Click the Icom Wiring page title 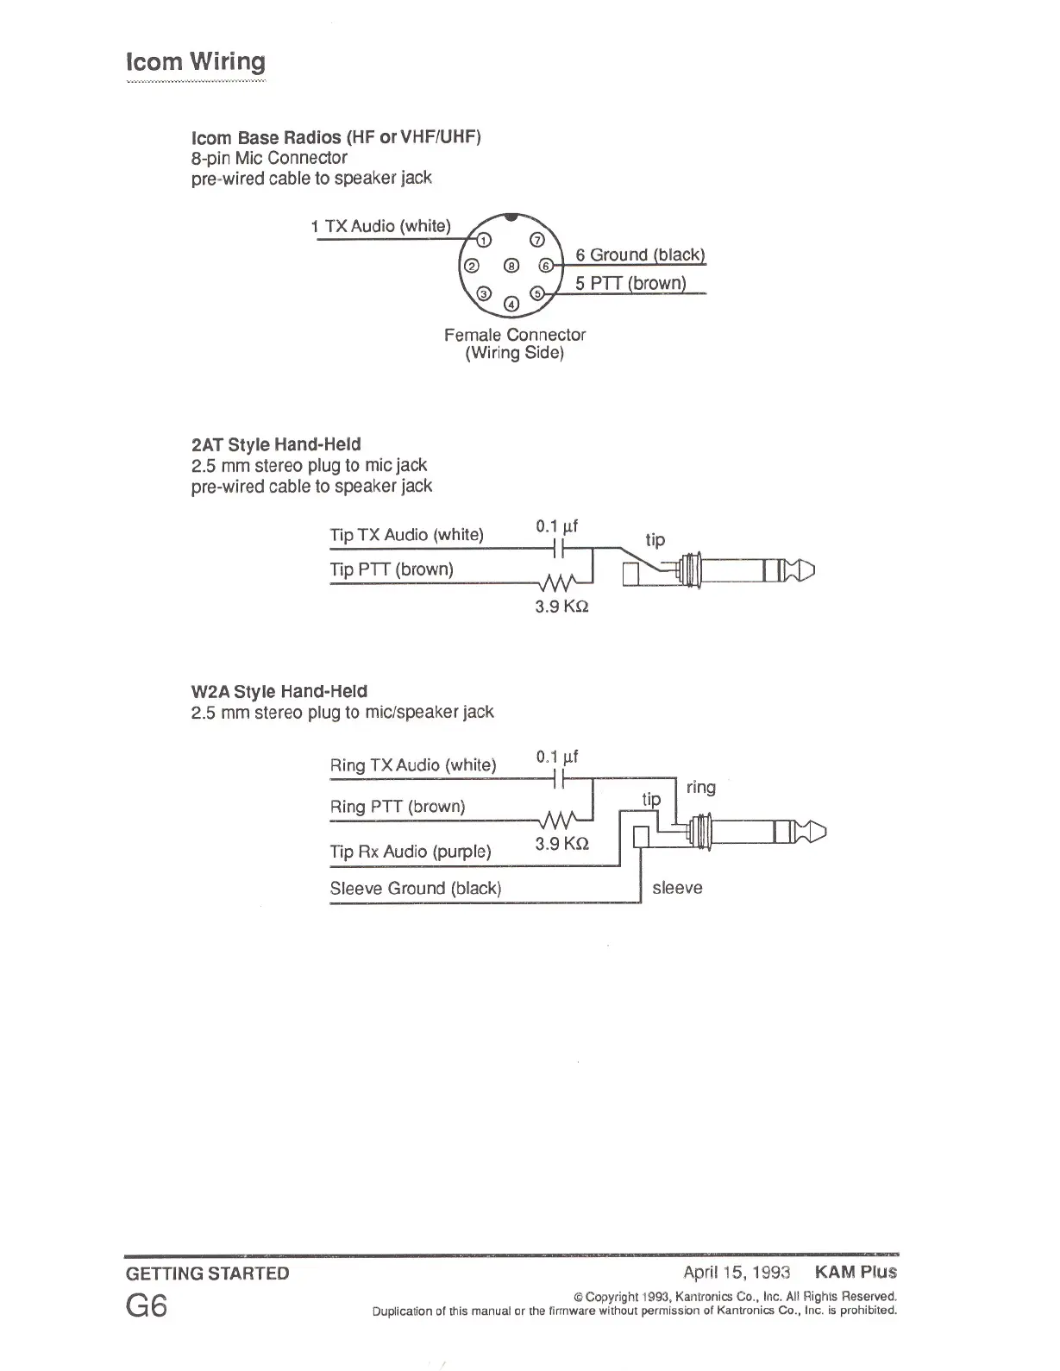pyautogui.click(x=196, y=62)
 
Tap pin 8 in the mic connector pyautogui.click(x=511, y=266)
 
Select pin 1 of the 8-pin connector pyautogui.click(x=485, y=240)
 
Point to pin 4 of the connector pyautogui.click(x=511, y=303)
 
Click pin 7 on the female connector pyautogui.click(x=536, y=240)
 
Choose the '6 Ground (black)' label pyautogui.click(x=640, y=255)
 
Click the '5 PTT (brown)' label pyautogui.click(x=630, y=283)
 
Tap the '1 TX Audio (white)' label pyautogui.click(x=380, y=226)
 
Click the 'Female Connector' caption pyautogui.click(x=515, y=335)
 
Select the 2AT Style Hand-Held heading pyautogui.click(x=276, y=444)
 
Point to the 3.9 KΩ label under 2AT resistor pyautogui.click(x=561, y=607)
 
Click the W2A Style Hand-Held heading pyautogui.click(x=279, y=691)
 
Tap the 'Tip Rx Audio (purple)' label pyautogui.click(x=411, y=852)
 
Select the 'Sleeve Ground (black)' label pyautogui.click(x=416, y=888)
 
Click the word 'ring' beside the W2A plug pyautogui.click(x=700, y=787)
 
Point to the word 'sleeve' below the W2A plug pyautogui.click(x=677, y=888)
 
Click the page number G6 pyautogui.click(x=147, y=1306)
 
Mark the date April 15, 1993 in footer pyautogui.click(x=737, y=1272)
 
